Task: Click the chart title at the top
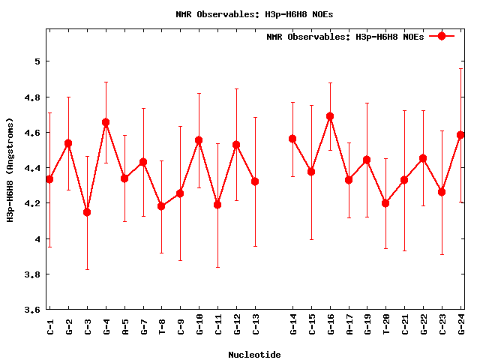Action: [x=254, y=14]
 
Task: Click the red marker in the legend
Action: [x=442, y=36]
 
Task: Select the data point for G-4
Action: [x=106, y=122]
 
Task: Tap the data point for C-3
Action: [x=87, y=212]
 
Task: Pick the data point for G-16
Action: [x=330, y=116]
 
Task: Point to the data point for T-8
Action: [x=161, y=206]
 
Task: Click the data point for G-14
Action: [x=292, y=139]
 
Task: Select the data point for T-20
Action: [x=386, y=203]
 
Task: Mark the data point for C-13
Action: [x=255, y=181]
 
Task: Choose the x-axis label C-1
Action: [x=50, y=326]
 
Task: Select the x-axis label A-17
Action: [x=349, y=326]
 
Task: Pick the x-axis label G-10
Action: [x=199, y=326]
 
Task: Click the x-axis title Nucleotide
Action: [x=254, y=355]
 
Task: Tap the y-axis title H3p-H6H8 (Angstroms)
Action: [x=10, y=169]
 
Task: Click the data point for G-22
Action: [x=424, y=158]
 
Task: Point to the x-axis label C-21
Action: [x=405, y=326]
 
